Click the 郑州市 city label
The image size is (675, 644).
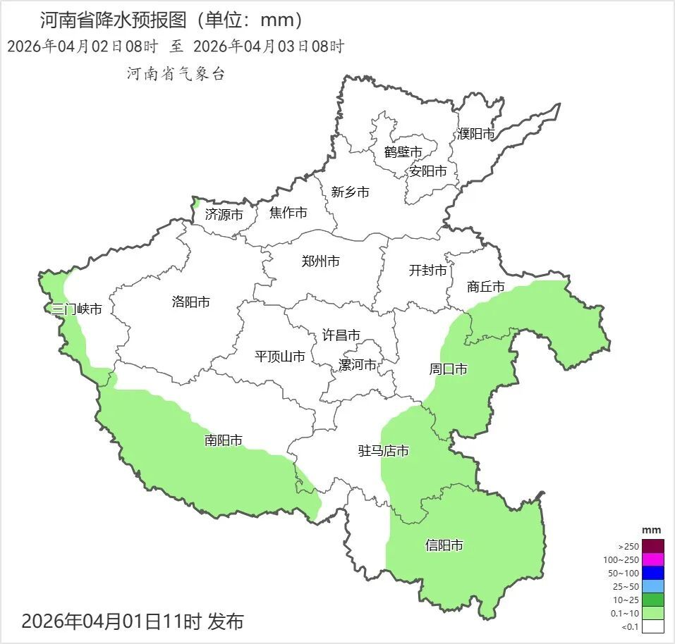coord(320,261)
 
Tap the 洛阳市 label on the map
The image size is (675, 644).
coord(190,302)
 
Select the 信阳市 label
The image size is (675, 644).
coord(444,545)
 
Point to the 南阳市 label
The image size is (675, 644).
coord(224,440)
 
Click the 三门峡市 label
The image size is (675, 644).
coord(77,309)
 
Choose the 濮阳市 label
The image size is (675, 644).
coord(475,134)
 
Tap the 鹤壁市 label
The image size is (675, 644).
coord(403,152)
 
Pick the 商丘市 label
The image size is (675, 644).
coord(486,287)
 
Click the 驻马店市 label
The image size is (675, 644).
coord(384,451)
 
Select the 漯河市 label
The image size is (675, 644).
coord(357,365)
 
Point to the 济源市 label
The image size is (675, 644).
coord(224,215)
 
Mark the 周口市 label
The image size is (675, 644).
coord(449,369)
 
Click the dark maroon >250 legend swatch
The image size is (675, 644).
coord(652,546)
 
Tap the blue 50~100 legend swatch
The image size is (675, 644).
coord(652,573)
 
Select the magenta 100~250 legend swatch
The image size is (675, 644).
coord(652,559)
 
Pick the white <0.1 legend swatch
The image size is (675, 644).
coord(652,626)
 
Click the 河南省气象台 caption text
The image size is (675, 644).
coord(176,74)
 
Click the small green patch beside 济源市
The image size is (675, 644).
coord(196,203)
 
